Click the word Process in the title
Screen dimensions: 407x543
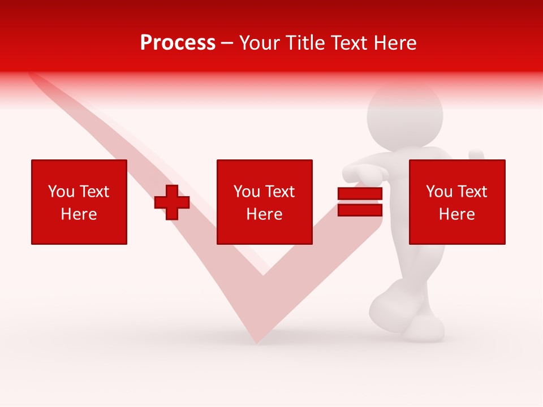point(178,43)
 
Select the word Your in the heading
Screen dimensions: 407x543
point(258,43)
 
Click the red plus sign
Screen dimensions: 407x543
point(172,202)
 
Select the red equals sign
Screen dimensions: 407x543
point(360,202)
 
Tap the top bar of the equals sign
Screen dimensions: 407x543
point(360,194)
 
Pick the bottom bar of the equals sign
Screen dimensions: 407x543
point(360,210)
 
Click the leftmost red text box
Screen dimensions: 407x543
point(79,202)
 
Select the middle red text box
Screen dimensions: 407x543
point(264,202)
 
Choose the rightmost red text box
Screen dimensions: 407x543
point(456,202)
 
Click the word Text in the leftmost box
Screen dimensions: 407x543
point(94,192)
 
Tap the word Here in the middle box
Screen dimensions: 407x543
point(264,214)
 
